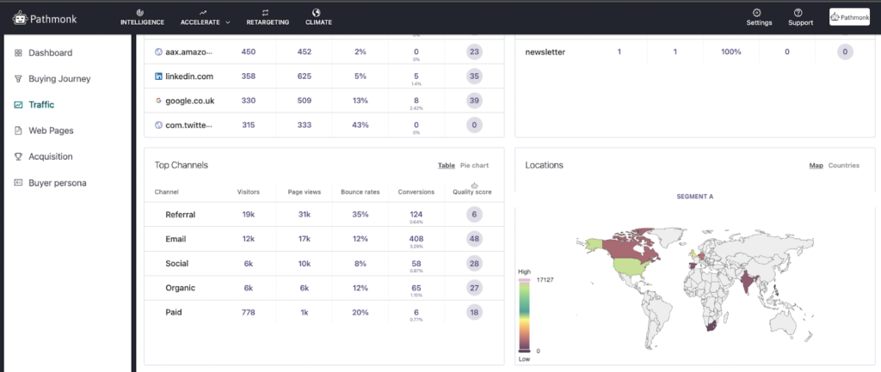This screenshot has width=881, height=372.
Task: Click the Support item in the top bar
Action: [x=800, y=17]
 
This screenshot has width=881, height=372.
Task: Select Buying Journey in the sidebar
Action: [x=59, y=79]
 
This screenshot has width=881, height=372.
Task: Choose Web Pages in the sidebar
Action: [x=51, y=131]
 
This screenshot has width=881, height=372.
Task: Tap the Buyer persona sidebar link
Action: [x=59, y=183]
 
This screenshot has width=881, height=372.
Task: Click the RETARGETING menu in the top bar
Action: [x=266, y=17]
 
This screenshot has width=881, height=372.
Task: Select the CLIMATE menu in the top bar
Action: [x=318, y=17]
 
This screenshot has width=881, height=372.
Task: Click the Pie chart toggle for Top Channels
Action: [x=474, y=165]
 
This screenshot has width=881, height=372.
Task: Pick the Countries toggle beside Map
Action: [x=843, y=165]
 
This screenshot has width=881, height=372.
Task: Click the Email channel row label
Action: [x=176, y=239]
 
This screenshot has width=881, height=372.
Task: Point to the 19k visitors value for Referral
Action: [x=249, y=214]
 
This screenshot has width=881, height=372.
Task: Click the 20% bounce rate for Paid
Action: [x=360, y=312]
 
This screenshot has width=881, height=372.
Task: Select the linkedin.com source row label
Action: [x=188, y=76]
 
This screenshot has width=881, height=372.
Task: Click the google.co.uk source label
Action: [x=190, y=101]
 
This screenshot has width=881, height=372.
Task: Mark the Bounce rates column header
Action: [x=360, y=192]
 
